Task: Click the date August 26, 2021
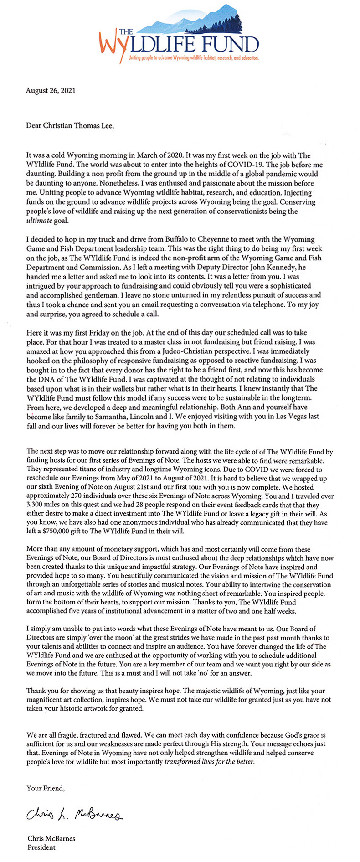[x=51, y=90]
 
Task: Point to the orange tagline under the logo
[x=194, y=58]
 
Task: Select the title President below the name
[x=41, y=847]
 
